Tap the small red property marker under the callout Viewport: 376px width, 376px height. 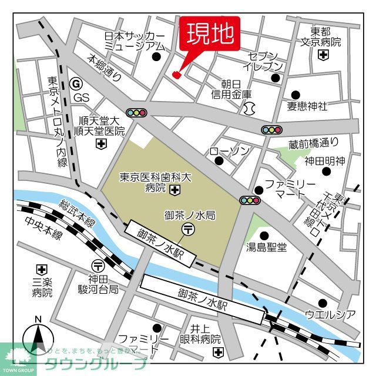tap(177, 74)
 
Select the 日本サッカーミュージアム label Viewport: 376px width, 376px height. tap(134, 41)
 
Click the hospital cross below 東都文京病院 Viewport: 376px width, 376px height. tap(323, 55)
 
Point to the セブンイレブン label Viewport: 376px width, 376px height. tap(266, 62)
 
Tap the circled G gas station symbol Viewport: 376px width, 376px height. tap(75, 84)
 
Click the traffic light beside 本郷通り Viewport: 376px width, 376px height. tap(136, 112)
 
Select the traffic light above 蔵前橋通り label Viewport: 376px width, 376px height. tap(272, 130)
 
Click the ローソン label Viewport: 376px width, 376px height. tap(230, 152)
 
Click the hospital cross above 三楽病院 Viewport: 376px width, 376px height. tap(41, 269)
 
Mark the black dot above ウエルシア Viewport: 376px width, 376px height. tap(321, 303)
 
